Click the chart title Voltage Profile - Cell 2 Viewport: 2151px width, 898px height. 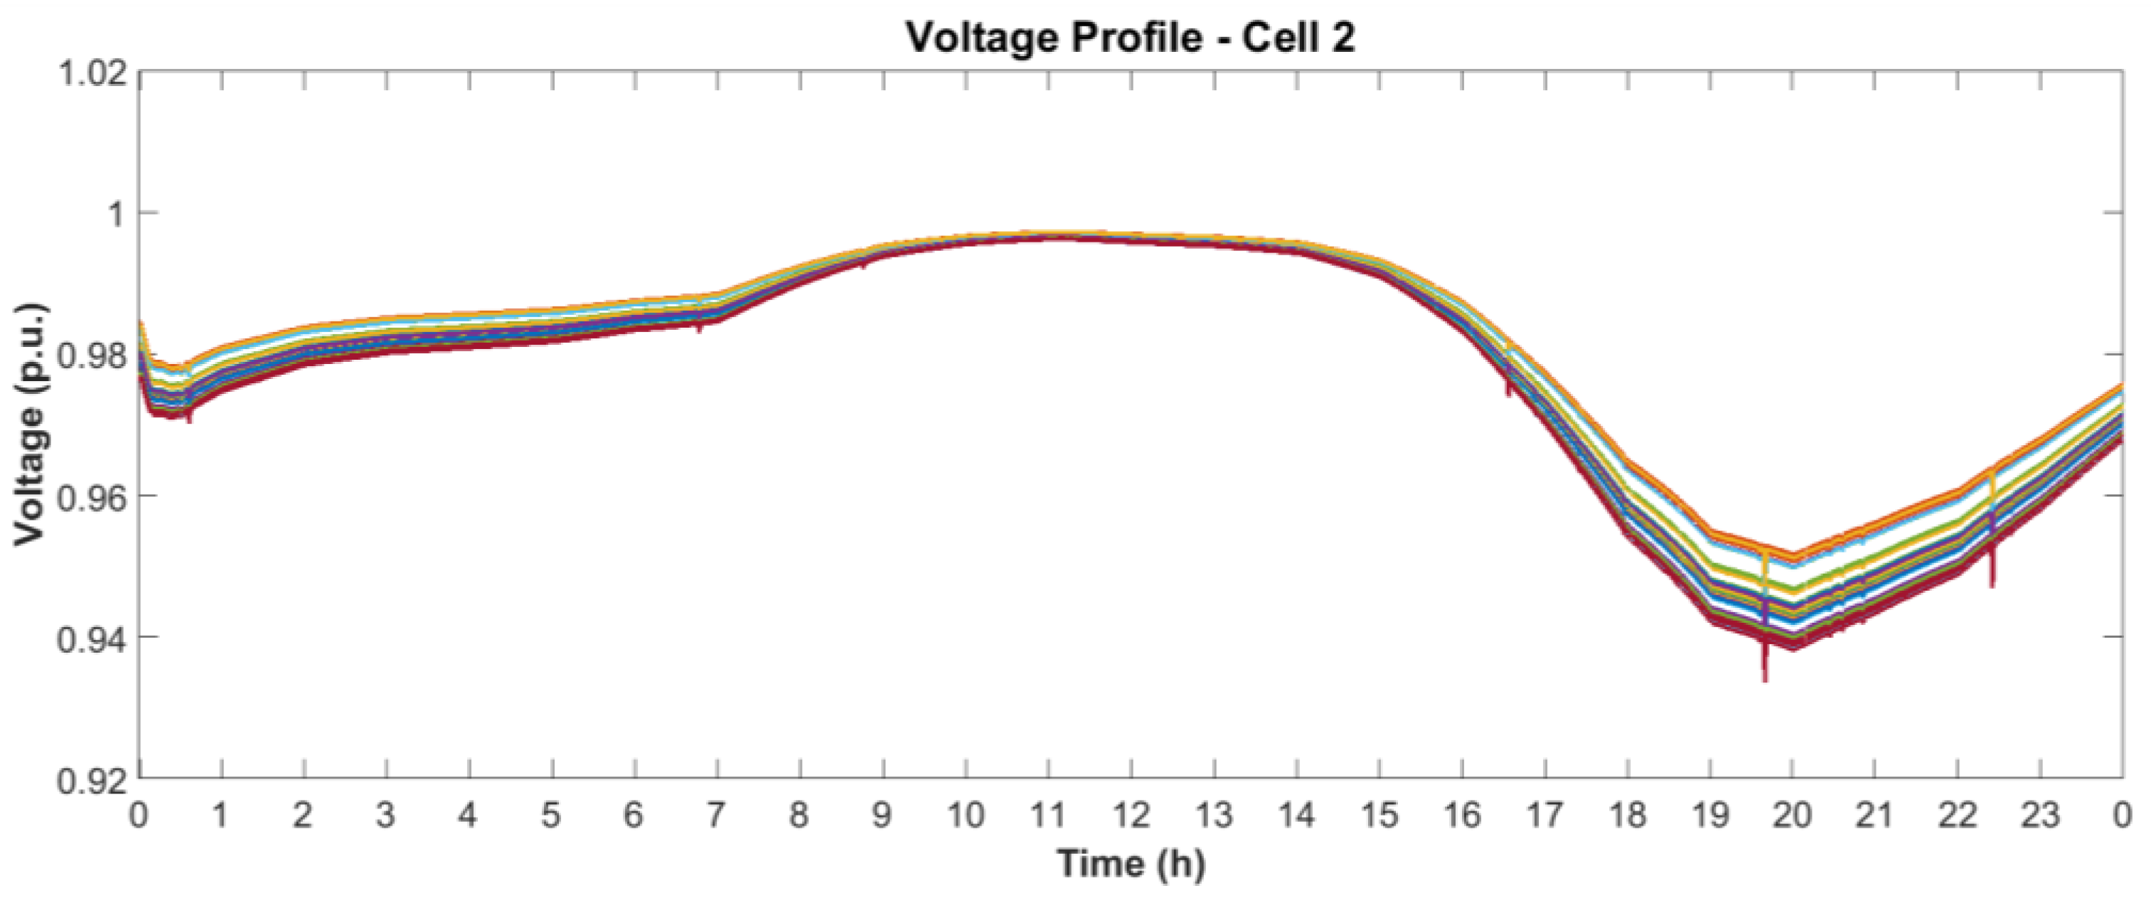1130,37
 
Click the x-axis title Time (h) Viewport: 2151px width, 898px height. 1131,862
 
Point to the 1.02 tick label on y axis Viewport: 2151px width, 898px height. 92,73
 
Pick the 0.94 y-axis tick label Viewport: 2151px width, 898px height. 92,638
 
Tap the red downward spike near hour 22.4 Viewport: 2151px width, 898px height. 1992,576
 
